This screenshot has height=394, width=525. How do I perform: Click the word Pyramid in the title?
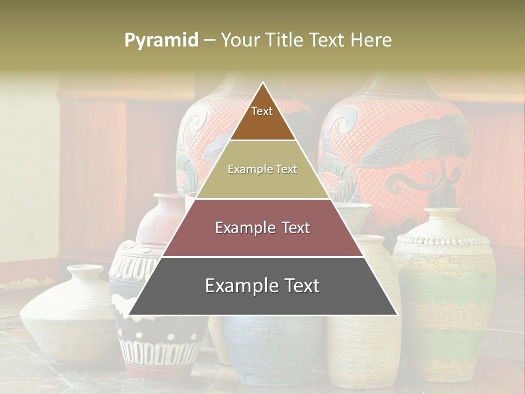click(x=161, y=40)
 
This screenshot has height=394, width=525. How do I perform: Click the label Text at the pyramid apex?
click(x=262, y=111)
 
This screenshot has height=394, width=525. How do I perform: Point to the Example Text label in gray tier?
click(x=262, y=286)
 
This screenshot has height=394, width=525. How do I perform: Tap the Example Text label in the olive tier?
click(x=262, y=170)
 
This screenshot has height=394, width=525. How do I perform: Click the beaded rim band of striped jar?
click(x=442, y=240)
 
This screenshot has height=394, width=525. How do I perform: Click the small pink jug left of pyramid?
click(x=159, y=219)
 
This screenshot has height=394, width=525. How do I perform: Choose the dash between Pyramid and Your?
click(x=209, y=40)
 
